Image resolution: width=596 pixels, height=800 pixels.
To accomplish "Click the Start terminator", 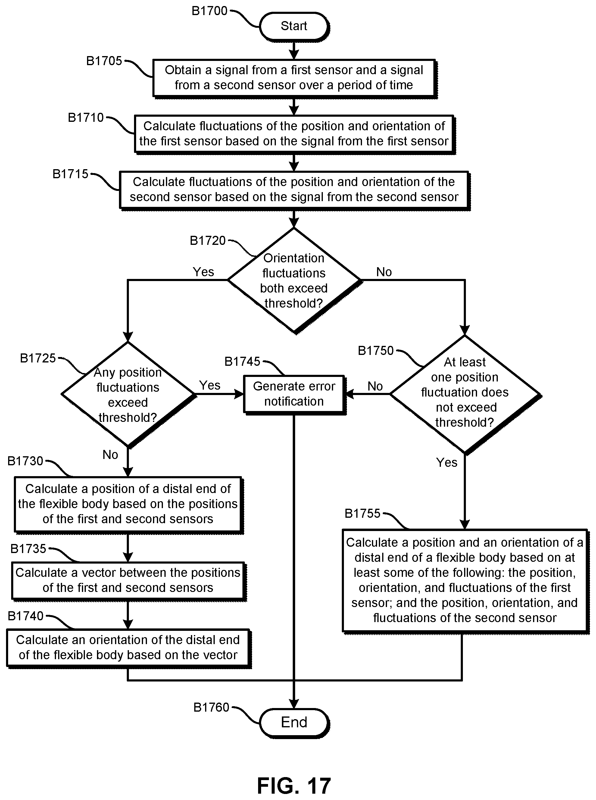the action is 294,26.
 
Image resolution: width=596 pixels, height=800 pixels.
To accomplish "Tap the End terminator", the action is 294,722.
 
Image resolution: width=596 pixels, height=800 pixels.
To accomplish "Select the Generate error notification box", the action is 294,394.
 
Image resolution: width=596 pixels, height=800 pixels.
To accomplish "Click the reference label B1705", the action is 104,61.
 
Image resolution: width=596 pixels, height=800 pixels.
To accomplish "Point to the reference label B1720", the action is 208,241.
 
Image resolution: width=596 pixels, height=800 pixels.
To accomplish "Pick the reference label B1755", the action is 362,513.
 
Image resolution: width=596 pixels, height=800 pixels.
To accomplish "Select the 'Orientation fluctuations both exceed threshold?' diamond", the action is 294,280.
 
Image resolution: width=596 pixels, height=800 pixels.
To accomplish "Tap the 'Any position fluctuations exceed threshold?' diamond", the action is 128,394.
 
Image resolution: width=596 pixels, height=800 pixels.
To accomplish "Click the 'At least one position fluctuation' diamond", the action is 465,394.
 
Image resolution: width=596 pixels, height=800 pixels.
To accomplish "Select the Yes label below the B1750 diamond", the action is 447,462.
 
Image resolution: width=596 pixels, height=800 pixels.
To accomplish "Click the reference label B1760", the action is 211,707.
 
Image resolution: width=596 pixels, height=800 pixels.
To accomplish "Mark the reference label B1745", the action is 242,362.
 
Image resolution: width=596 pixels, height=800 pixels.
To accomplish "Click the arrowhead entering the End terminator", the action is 294,704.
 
